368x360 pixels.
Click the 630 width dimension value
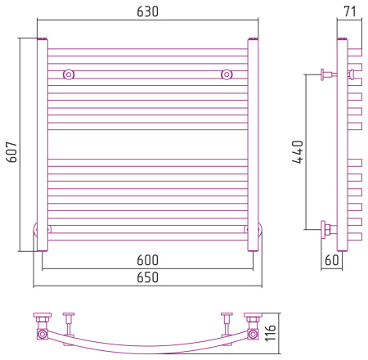pyautogui.click(x=147, y=11)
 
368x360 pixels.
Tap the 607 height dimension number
pyautogui.click(x=12, y=152)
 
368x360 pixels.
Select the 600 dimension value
pyautogui.click(x=147, y=260)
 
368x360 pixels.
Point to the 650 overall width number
pyautogui.click(x=147, y=277)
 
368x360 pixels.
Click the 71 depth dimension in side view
pyautogui.click(x=350, y=11)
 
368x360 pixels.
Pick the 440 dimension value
pyautogui.click(x=298, y=152)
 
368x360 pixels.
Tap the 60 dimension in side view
pyautogui.click(x=332, y=260)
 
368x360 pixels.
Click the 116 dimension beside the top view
pyautogui.click(x=271, y=333)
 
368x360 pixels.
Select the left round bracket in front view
pyautogui.click(x=69, y=74)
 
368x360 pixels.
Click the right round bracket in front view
pyautogui.click(x=227, y=74)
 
